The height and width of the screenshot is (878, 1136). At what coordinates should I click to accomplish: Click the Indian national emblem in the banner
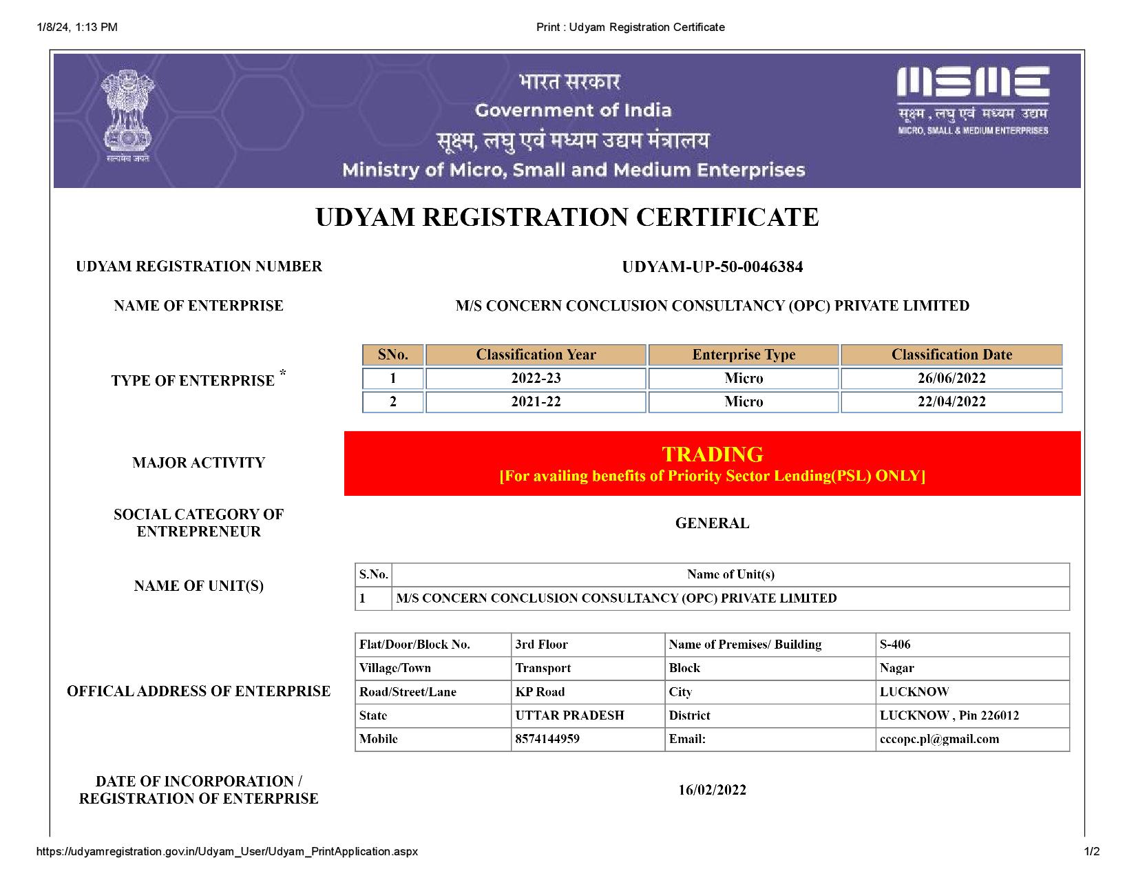127,116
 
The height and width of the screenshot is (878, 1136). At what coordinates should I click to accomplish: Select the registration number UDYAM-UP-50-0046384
712,267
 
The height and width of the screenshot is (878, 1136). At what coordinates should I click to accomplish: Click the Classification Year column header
536,355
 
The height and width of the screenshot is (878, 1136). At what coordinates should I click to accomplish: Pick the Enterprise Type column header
744,355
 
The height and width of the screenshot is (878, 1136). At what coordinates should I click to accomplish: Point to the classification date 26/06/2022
951,378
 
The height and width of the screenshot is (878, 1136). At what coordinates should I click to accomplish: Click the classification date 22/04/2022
951,401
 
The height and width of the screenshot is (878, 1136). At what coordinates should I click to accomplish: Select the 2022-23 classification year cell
536,378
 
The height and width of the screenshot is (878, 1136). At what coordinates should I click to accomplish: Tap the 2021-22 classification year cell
536,401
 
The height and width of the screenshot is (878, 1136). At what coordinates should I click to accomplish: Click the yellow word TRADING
712,454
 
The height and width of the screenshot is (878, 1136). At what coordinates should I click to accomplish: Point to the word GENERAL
712,523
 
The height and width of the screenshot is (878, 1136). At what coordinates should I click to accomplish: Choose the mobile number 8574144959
547,739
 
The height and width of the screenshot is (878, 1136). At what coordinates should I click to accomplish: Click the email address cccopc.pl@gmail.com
939,739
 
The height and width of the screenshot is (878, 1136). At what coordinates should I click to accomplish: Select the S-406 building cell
895,645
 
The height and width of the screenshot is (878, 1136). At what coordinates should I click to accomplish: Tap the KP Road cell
540,692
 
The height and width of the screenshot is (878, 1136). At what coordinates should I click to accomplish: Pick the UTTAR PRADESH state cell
569,715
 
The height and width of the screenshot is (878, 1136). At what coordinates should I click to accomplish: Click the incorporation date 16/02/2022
712,790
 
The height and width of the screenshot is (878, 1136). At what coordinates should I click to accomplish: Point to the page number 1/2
1092,851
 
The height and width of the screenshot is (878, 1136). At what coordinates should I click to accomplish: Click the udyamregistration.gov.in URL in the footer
227,851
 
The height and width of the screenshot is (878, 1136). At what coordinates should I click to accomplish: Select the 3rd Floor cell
541,645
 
